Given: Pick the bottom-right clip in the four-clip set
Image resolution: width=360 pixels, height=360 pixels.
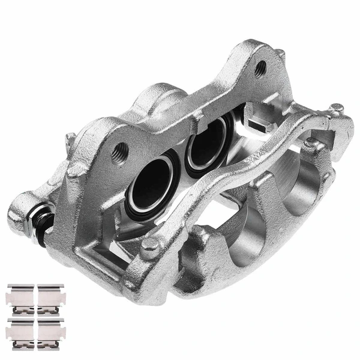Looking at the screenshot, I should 52,330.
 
